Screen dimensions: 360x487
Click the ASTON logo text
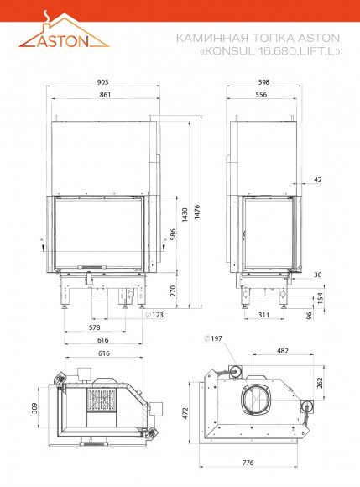tap(63, 41)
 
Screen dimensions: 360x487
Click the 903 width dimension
tap(102, 82)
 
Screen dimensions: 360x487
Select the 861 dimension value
tap(105, 95)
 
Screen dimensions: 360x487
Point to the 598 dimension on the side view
tap(263, 82)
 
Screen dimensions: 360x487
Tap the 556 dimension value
tap(261, 95)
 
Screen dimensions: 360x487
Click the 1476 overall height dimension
tap(197, 212)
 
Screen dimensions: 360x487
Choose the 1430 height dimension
tap(185, 215)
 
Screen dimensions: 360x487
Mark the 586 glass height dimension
tap(173, 234)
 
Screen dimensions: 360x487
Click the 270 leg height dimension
tap(173, 291)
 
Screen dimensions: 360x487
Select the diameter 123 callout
tap(154, 315)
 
